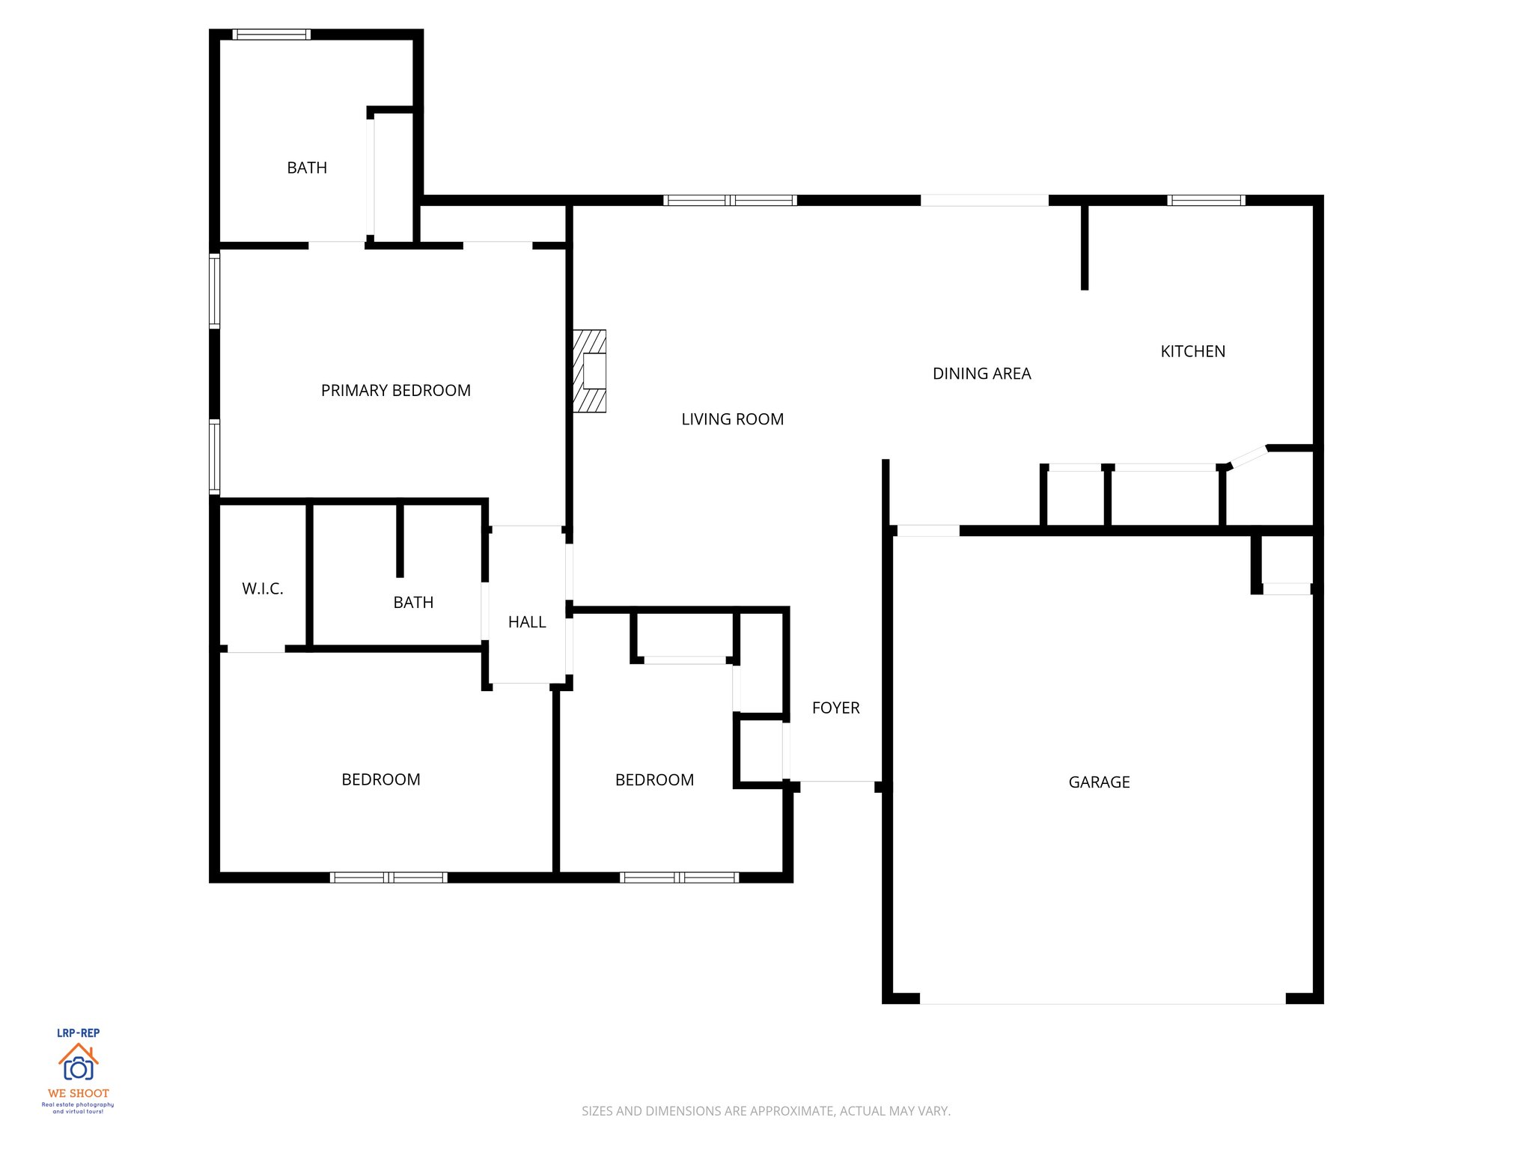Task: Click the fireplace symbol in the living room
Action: (590, 371)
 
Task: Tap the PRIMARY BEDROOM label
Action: (395, 390)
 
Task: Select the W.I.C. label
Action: (262, 588)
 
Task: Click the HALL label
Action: (526, 622)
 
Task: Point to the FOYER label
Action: (835, 708)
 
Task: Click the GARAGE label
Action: (1098, 782)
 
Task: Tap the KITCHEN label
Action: (1192, 351)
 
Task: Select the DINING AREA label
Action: (981, 374)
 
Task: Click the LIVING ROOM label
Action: (732, 419)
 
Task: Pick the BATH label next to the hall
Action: (413, 603)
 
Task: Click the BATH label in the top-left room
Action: (307, 168)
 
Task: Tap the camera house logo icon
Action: (78, 1062)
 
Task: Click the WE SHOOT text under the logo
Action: (78, 1093)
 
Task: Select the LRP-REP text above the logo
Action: (78, 1033)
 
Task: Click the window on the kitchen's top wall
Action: (1206, 200)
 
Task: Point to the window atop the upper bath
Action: (271, 34)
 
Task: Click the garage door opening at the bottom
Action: (1102, 999)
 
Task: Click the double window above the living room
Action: (730, 200)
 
